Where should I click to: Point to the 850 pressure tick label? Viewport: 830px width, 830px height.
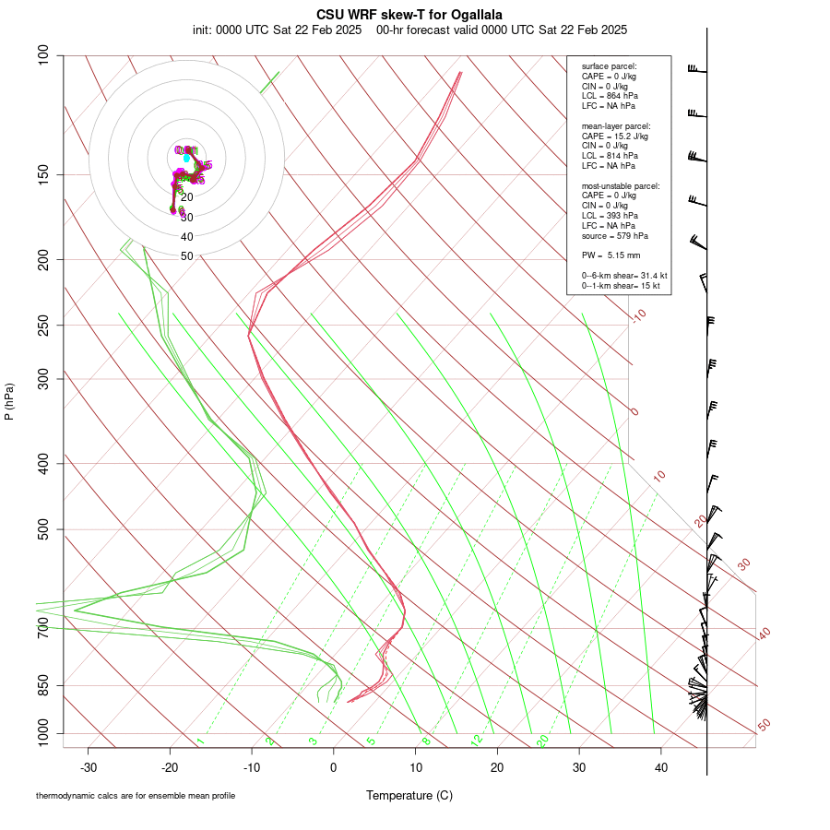(44, 686)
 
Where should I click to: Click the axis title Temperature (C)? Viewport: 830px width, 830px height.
(409, 795)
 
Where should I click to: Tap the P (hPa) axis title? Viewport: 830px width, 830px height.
(9, 401)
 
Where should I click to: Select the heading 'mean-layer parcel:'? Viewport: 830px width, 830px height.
(616, 125)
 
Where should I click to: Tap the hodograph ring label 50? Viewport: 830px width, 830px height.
(186, 256)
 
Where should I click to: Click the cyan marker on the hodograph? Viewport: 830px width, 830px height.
(186, 159)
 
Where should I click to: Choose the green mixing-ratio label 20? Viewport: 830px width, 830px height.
(543, 741)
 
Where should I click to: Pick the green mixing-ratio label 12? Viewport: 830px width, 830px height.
(477, 741)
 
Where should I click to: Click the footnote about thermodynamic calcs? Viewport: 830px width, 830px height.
(136, 795)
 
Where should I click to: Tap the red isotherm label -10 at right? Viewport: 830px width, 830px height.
(638, 316)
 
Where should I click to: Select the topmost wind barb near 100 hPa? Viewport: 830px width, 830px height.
(697, 69)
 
